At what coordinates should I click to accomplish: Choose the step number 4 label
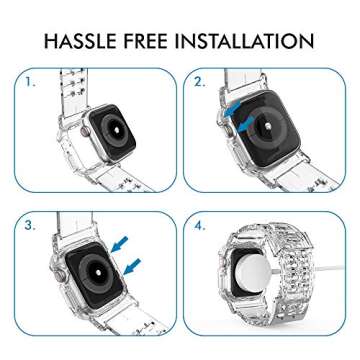tap(200, 226)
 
